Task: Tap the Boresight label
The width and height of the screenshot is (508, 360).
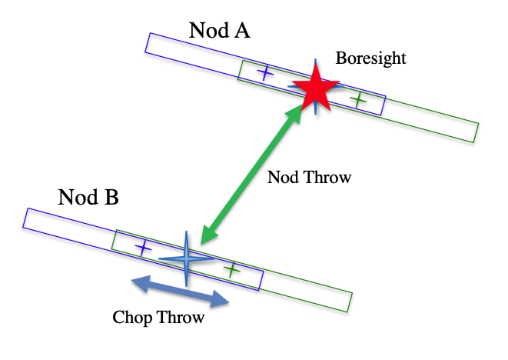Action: coord(371,58)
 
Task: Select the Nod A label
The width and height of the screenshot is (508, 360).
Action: coord(219,31)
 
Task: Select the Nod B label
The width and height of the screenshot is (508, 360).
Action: coord(88,198)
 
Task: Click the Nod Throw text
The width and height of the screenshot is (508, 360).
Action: coord(309,178)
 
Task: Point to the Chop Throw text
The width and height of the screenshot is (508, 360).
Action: coord(158,317)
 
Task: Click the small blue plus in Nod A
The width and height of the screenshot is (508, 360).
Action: coord(264,73)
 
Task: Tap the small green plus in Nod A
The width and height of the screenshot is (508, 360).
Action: coord(357,99)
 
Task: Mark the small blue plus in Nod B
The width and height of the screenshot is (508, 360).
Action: coord(143,247)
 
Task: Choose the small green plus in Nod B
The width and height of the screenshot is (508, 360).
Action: coord(231,269)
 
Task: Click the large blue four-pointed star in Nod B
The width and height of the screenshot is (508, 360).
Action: coord(187,259)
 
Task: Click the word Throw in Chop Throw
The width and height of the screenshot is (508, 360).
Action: coord(181,317)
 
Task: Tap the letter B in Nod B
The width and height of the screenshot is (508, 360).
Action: coord(111,198)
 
